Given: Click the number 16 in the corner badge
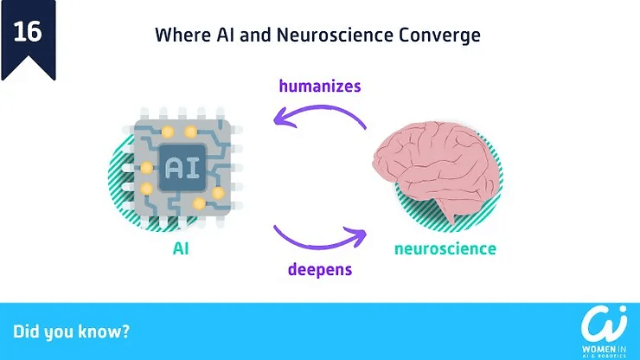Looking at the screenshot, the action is coord(28,32).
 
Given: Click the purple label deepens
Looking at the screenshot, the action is coord(320,268).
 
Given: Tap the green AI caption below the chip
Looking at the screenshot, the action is coord(181,249).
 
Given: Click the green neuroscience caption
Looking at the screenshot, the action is coord(445,249).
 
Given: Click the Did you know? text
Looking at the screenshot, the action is coord(71,331).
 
